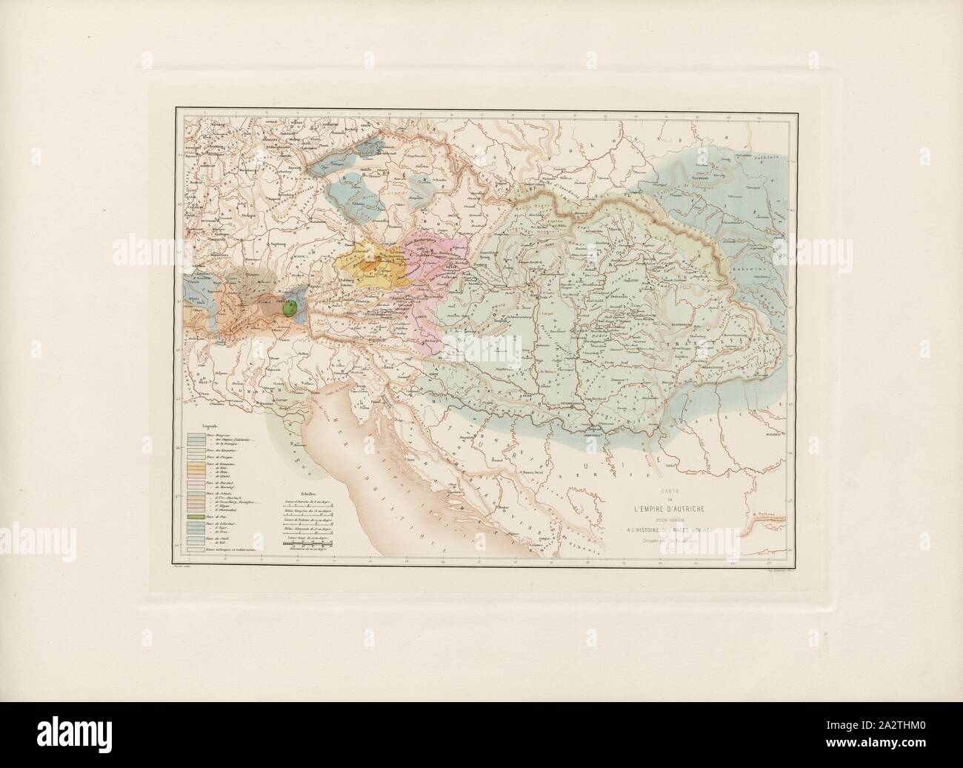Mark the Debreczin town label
coord(614,296)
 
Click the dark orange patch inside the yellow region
coord(370,263)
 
